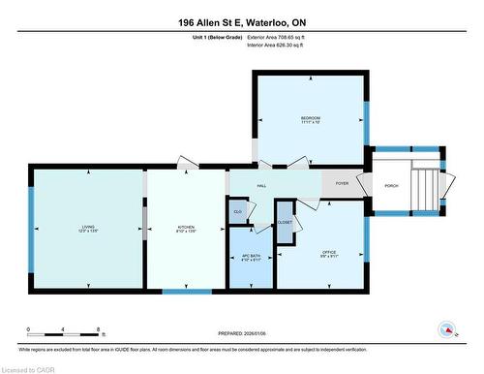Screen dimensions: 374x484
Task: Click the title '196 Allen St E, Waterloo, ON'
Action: pyautogui.click(x=242, y=22)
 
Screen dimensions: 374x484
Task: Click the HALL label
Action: pyautogui.click(x=260, y=184)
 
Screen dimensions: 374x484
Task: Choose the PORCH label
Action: pyautogui.click(x=391, y=185)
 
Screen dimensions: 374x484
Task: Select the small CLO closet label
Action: pyautogui.click(x=237, y=210)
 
